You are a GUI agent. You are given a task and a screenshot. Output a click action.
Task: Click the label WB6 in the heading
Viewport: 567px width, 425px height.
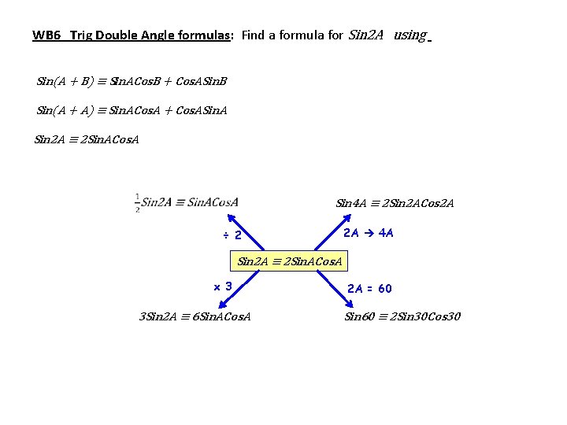click(46, 35)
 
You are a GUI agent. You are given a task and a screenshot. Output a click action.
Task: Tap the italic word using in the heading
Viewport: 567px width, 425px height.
click(409, 35)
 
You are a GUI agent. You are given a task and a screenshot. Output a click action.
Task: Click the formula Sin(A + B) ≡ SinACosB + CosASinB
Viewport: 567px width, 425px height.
click(132, 81)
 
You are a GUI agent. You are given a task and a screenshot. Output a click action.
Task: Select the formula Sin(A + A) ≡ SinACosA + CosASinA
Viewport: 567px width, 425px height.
click(132, 111)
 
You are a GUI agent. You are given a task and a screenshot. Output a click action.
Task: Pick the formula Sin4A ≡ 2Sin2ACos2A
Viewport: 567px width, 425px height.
click(395, 203)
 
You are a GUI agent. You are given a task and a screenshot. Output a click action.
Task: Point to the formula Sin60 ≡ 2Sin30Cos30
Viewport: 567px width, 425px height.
click(402, 316)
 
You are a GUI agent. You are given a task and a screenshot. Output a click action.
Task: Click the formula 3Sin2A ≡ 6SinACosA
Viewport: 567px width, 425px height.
click(195, 316)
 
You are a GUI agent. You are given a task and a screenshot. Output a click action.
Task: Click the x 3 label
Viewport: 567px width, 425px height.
click(223, 286)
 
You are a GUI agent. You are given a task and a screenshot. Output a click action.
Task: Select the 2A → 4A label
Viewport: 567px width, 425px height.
click(369, 233)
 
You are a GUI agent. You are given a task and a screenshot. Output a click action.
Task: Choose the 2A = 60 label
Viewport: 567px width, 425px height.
click(369, 289)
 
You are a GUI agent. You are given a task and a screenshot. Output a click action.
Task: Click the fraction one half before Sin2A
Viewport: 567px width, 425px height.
click(138, 202)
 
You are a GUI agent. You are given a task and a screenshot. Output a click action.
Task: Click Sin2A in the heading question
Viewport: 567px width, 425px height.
click(365, 35)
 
